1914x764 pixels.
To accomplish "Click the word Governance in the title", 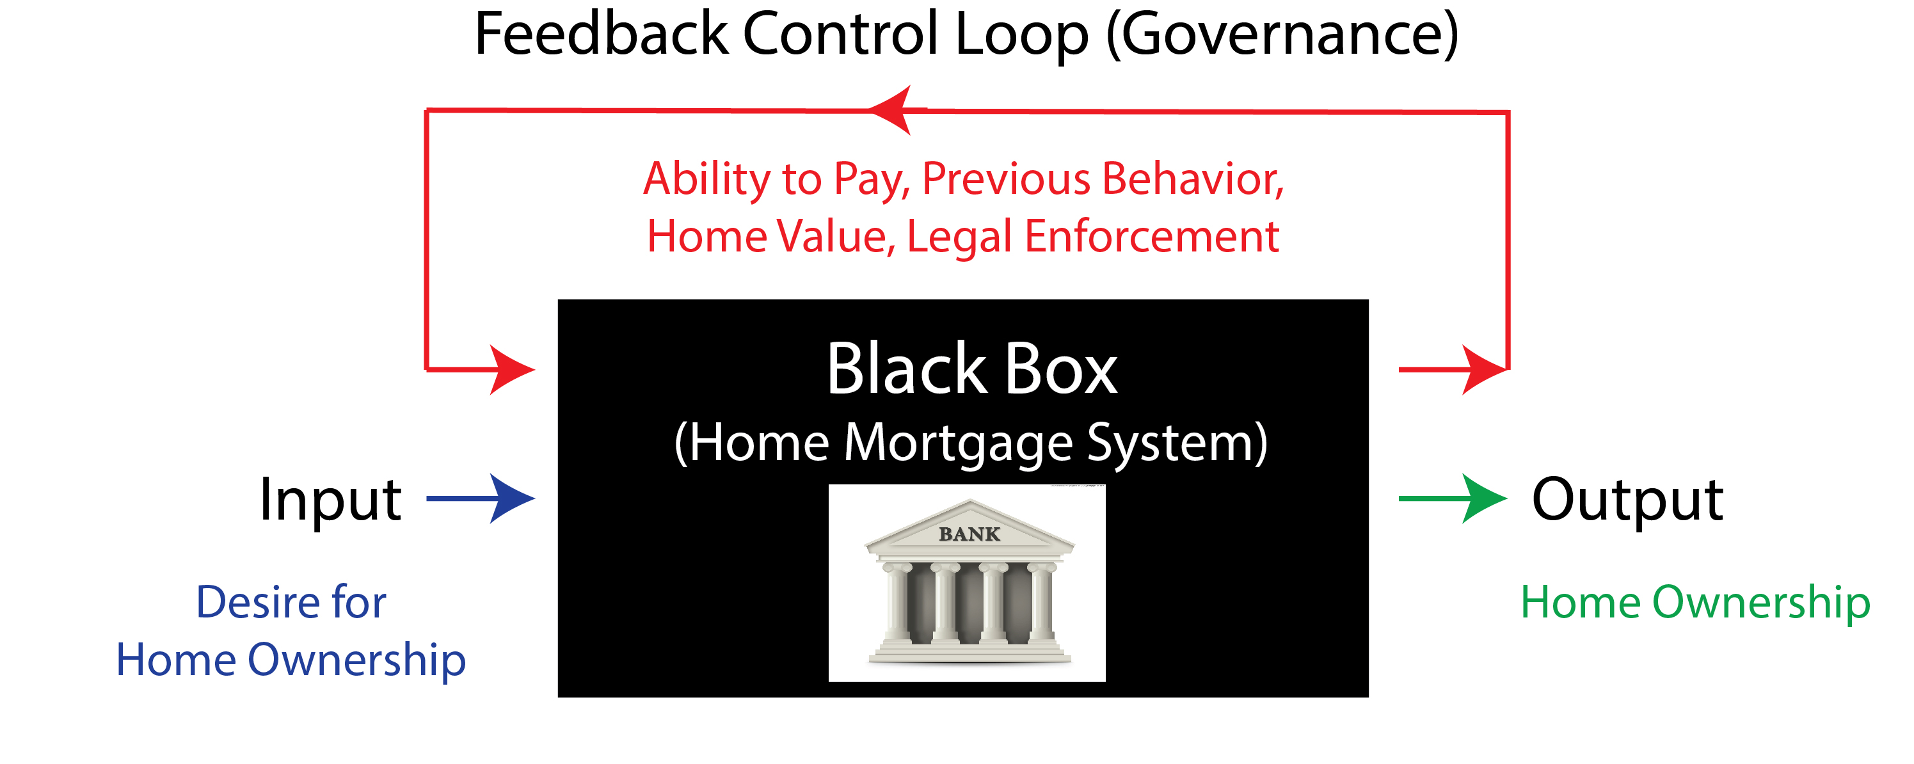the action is point(1282,35).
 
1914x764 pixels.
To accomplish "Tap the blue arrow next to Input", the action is point(481,498).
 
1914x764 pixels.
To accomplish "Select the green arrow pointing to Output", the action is point(1453,498).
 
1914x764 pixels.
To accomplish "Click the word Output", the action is point(1627,500).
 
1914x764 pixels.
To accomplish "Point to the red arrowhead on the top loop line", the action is point(896,110).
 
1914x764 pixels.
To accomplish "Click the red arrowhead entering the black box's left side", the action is point(512,369).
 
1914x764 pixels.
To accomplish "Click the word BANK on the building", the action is point(969,534).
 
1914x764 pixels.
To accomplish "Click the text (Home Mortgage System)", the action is point(970,443).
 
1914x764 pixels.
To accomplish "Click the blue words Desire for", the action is point(291,601).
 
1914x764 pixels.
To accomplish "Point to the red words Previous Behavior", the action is point(1103,179).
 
